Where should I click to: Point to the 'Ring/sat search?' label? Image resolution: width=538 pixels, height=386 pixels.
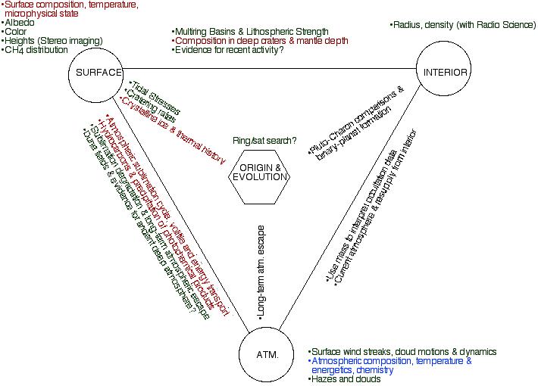[x=264, y=140]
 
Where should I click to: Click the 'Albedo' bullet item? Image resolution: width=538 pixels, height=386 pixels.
[x=20, y=23]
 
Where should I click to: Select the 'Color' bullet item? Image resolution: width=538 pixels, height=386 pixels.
[x=17, y=32]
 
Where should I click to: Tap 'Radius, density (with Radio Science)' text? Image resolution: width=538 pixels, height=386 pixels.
[x=464, y=25]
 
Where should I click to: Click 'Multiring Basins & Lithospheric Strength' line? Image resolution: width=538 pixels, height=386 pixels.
[x=251, y=32]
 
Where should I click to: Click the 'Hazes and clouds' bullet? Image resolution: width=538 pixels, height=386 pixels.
[x=345, y=379]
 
